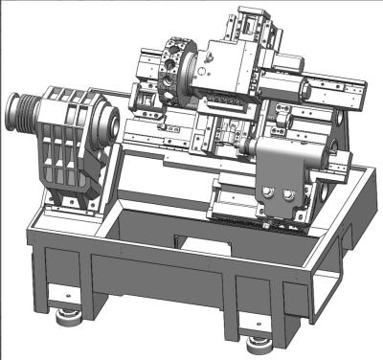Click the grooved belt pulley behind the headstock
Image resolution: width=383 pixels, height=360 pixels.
(x=21, y=113)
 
